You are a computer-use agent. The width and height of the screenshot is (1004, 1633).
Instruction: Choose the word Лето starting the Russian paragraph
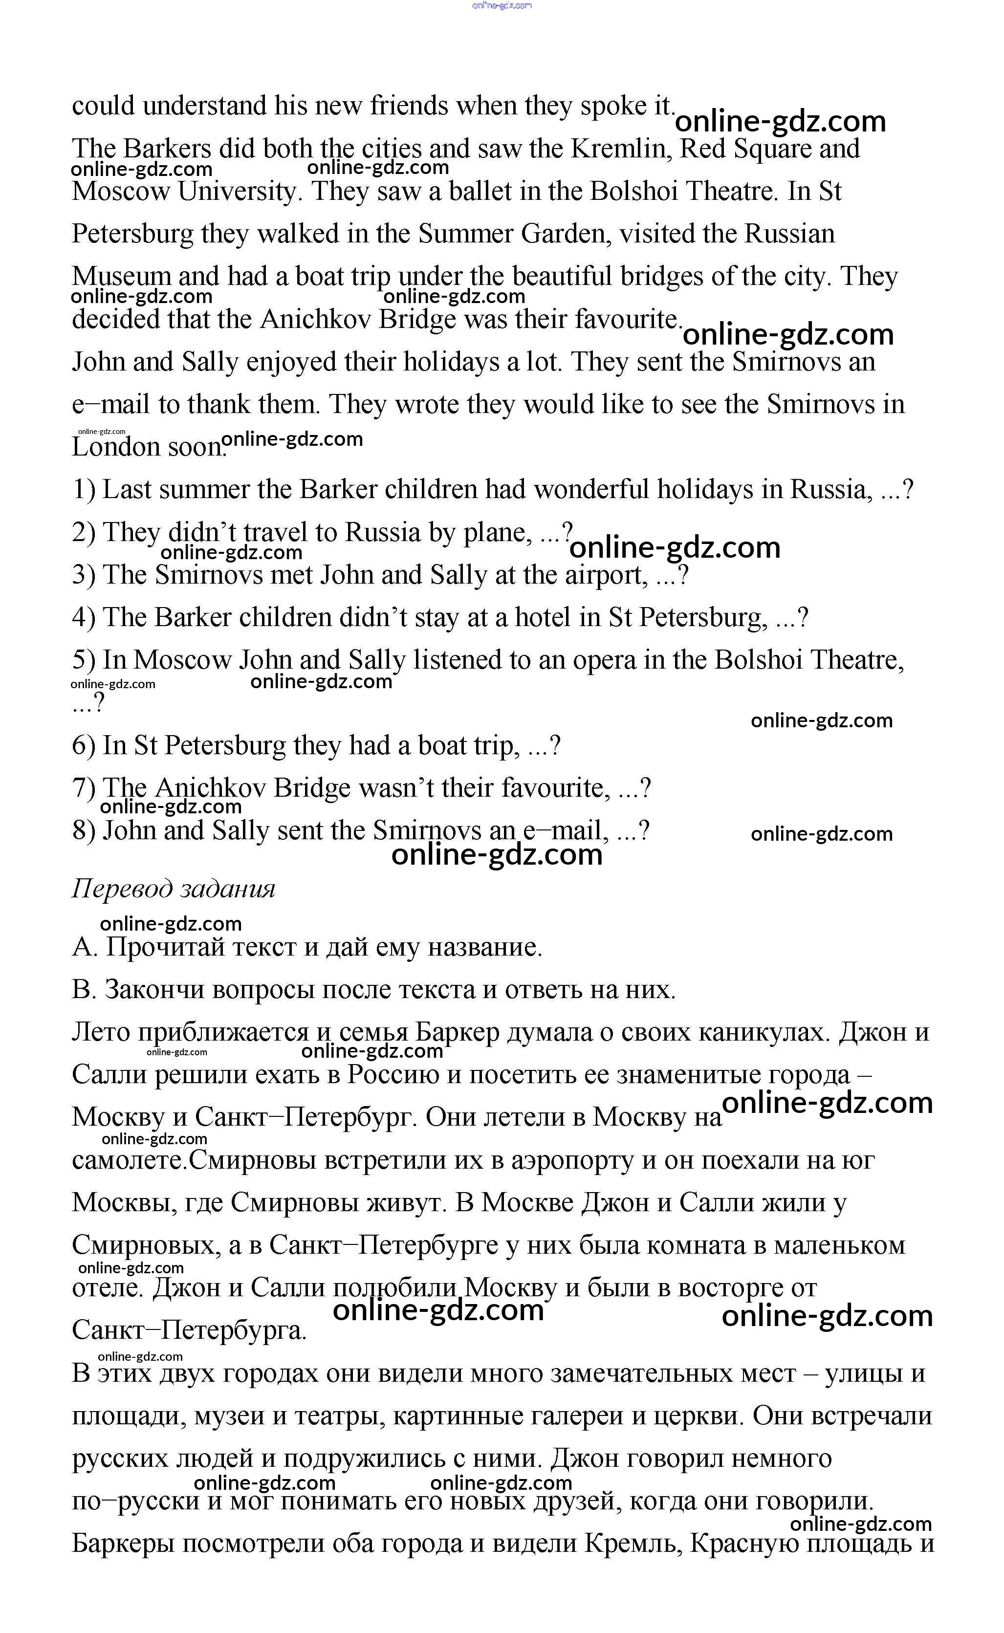(100, 1032)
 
